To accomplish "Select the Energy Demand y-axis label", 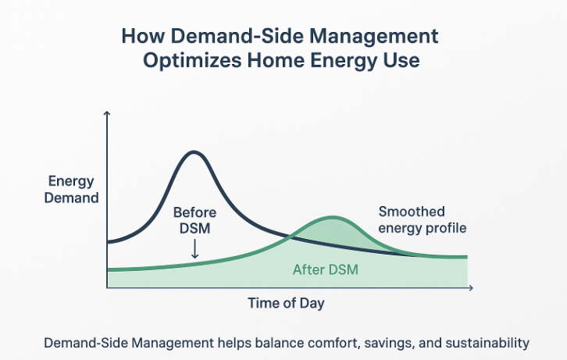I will pos(73,190).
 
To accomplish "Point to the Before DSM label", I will pos(194,219).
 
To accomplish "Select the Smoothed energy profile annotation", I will pos(423,219).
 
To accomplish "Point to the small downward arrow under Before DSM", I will pos(194,249).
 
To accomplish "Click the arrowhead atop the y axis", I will pos(107,116).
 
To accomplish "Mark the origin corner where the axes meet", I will pos(107,288).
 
